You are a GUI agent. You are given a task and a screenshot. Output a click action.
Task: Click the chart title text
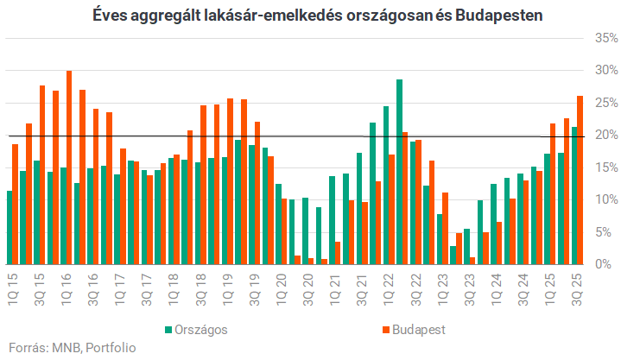(x=310, y=16)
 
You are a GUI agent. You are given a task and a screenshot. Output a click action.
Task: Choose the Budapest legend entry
(x=418, y=330)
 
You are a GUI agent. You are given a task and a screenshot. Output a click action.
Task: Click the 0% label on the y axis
(x=606, y=264)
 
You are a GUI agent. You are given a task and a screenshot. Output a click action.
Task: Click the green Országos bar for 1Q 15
(x=10, y=228)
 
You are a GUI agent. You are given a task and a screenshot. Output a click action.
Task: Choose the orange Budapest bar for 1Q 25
(x=554, y=194)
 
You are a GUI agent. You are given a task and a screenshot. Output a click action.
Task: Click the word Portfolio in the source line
(x=112, y=348)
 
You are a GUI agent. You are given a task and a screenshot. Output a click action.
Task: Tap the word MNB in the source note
(x=65, y=348)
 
